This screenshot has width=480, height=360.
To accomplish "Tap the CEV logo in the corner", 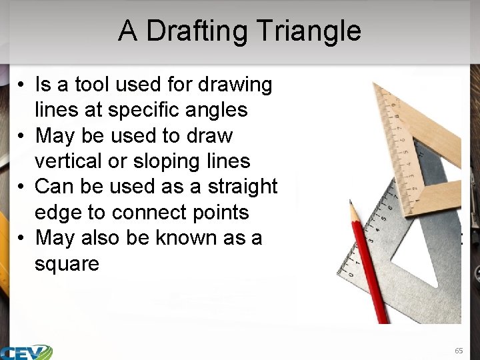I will [x=27, y=351].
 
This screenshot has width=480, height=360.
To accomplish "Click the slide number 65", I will [x=458, y=350].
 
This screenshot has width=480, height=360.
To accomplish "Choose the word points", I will [x=215, y=213].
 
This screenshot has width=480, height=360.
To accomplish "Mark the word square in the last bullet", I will [x=67, y=264].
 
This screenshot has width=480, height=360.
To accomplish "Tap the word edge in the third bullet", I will [x=58, y=213].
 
